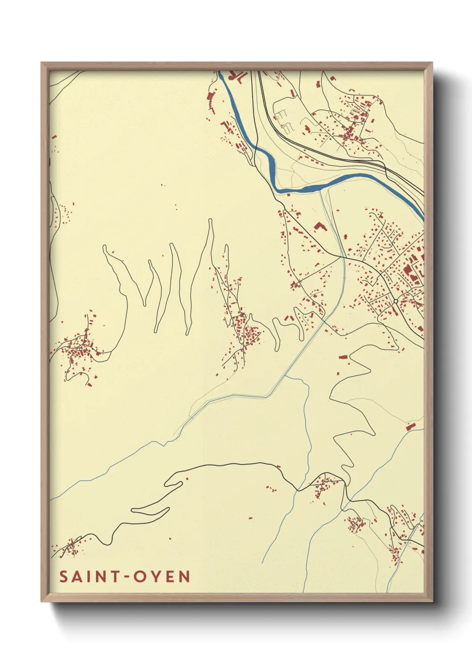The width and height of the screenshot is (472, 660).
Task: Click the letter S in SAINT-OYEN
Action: click(x=64, y=577)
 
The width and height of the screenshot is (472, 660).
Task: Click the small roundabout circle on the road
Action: click(x=395, y=301)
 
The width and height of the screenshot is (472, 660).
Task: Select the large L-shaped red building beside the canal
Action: click(x=319, y=227)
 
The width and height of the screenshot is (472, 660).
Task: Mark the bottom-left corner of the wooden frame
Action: click(x=41, y=601)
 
